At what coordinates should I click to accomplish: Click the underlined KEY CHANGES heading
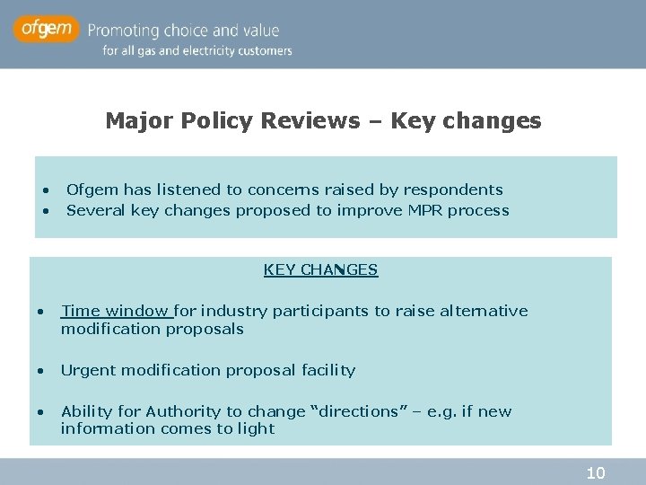pos(320,269)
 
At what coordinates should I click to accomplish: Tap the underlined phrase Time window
pos(116,311)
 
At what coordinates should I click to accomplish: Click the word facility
pos(329,370)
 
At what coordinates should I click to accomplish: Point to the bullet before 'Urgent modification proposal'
pos(40,371)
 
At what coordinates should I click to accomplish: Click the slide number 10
pos(596,473)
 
